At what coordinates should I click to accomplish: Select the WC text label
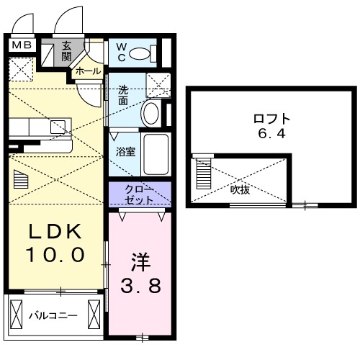122,52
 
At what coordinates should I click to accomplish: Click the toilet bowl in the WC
145,53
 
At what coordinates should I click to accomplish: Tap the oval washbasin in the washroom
151,112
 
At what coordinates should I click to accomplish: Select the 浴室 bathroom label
126,152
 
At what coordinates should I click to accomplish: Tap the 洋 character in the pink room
140,258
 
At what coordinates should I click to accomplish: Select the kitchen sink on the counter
58,127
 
